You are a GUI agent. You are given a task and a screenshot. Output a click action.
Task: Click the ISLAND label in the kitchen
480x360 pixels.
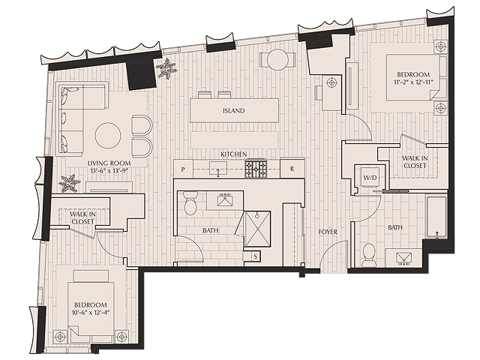pos(233,110)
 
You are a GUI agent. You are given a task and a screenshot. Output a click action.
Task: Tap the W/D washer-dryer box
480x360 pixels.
pos(370,177)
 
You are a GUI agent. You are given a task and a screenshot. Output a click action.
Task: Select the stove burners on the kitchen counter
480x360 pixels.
pos(255,168)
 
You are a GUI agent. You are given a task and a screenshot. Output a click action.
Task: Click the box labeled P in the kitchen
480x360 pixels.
pos(183,169)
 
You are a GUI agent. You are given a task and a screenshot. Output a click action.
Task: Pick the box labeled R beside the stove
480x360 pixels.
pos(292,168)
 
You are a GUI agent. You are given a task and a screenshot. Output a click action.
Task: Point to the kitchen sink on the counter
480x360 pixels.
pos(218,169)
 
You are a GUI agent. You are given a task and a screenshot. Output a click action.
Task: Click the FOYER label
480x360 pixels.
pos(328,232)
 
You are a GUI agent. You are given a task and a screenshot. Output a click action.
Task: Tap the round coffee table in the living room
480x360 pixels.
pos(108,135)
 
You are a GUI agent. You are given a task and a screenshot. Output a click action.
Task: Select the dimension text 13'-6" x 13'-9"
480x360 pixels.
pos(109,170)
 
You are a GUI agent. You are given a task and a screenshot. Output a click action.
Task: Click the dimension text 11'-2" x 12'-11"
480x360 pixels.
pos(413,82)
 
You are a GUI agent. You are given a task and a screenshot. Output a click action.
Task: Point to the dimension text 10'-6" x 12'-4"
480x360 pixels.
pos(91,313)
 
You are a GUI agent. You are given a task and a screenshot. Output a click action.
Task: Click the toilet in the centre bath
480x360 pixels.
pos(191,202)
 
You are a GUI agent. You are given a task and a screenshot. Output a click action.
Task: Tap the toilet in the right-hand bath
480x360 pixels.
pos(368,255)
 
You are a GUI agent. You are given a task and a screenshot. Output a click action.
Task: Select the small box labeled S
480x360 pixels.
pos(255,256)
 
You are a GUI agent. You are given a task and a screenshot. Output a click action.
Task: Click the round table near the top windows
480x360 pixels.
pos(277,60)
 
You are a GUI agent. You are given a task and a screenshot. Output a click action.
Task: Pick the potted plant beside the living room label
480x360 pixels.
pos(69,183)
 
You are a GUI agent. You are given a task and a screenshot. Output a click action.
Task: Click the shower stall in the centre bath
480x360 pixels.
pos(257,229)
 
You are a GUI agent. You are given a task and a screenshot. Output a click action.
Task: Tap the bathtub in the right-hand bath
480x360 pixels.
pos(436,217)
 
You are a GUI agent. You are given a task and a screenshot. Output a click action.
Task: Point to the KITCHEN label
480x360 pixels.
pos(234,154)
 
